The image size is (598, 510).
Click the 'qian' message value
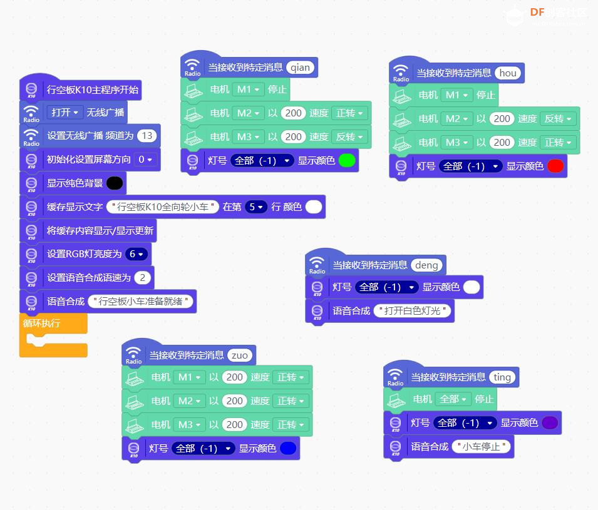300,68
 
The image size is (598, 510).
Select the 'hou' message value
508,73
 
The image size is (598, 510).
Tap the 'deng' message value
426,265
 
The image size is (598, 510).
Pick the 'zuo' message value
239,355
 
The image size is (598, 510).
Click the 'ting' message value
502,377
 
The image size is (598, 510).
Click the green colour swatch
347,160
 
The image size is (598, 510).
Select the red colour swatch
555,166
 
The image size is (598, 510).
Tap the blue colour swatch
288,448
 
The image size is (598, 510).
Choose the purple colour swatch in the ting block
550,423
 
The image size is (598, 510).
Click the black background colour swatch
115,183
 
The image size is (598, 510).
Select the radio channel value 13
147,136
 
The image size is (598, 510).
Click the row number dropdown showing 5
256,207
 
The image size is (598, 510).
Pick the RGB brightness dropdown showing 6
136,254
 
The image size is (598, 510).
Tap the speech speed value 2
142,277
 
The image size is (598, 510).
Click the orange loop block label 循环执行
41,324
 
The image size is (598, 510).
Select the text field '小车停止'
481,446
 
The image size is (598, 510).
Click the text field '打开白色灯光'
412,310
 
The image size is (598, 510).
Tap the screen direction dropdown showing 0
145,160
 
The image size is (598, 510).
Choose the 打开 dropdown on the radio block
65,112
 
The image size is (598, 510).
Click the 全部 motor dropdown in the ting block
453,399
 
